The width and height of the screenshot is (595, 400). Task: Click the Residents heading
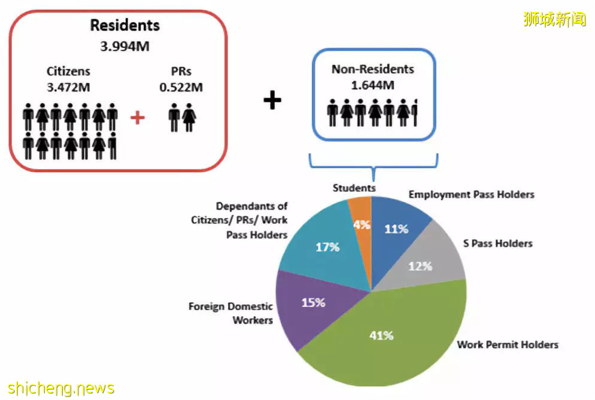125,25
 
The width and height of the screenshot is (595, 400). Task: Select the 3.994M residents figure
125,46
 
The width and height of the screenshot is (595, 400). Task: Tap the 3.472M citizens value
68,87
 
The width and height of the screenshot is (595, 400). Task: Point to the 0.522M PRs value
181,87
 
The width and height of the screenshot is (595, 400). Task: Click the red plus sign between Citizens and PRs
137,117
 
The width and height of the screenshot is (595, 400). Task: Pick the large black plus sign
272,100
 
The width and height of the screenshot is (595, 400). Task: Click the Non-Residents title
373,69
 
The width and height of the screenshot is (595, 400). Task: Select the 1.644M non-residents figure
373,86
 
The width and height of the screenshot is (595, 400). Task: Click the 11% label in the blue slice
396,229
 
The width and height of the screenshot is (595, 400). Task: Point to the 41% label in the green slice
381,335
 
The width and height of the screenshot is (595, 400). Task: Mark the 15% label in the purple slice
314,302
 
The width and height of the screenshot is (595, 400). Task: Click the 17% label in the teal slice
327,247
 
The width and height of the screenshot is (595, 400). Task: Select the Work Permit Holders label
508,344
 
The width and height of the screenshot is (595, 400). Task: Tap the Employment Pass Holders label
471,195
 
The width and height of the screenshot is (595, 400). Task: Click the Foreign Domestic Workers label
230,313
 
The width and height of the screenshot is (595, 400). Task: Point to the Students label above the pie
354,188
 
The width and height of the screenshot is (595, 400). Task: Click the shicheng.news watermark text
60,388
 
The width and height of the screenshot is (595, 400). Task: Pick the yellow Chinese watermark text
555,19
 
